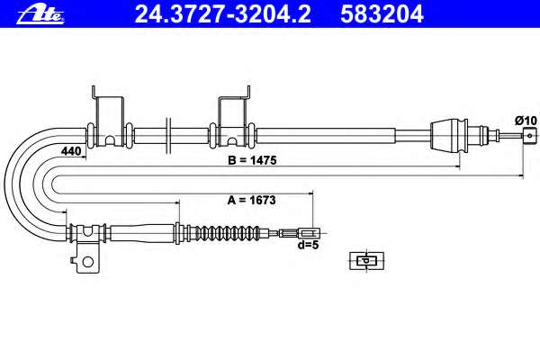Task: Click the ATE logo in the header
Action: (40, 14)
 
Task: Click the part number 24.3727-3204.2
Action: (222, 14)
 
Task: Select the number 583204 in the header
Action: (382, 14)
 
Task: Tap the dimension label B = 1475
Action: (252, 160)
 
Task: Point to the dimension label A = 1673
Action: (251, 200)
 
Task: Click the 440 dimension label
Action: (71, 151)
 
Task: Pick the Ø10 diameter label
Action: (526, 121)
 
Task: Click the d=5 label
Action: (309, 245)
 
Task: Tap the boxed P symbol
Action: (367, 261)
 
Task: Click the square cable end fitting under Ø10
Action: (530, 135)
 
